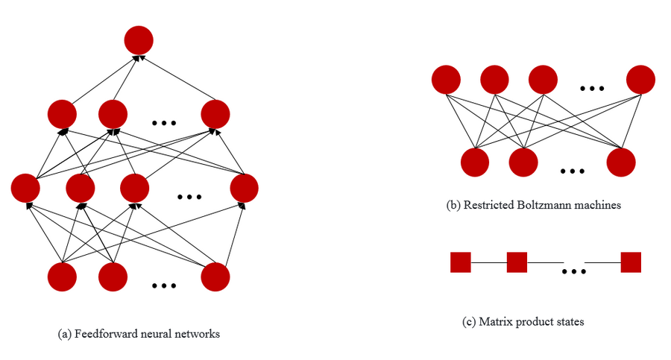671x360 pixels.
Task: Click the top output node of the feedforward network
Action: coord(139,40)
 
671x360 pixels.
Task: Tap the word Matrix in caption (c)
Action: coord(496,322)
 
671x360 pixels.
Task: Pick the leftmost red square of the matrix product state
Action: coord(461,262)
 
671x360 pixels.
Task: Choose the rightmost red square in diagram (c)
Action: coord(631,262)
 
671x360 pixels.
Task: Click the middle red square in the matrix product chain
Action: coord(517,262)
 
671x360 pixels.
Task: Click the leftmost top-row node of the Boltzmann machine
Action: coord(446,80)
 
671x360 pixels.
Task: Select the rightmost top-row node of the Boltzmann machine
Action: coord(640,80)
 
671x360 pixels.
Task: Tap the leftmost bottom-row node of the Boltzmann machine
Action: coord(476,162)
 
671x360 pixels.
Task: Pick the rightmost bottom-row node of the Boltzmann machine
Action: coord(620,162)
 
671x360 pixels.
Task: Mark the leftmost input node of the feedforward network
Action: coord(62,277)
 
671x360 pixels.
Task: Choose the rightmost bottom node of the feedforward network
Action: coord(215,277)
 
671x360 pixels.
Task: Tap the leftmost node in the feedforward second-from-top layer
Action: coord(62,113)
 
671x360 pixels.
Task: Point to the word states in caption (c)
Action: coord(569,322)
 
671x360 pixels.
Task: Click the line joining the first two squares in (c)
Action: coord(489,262)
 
